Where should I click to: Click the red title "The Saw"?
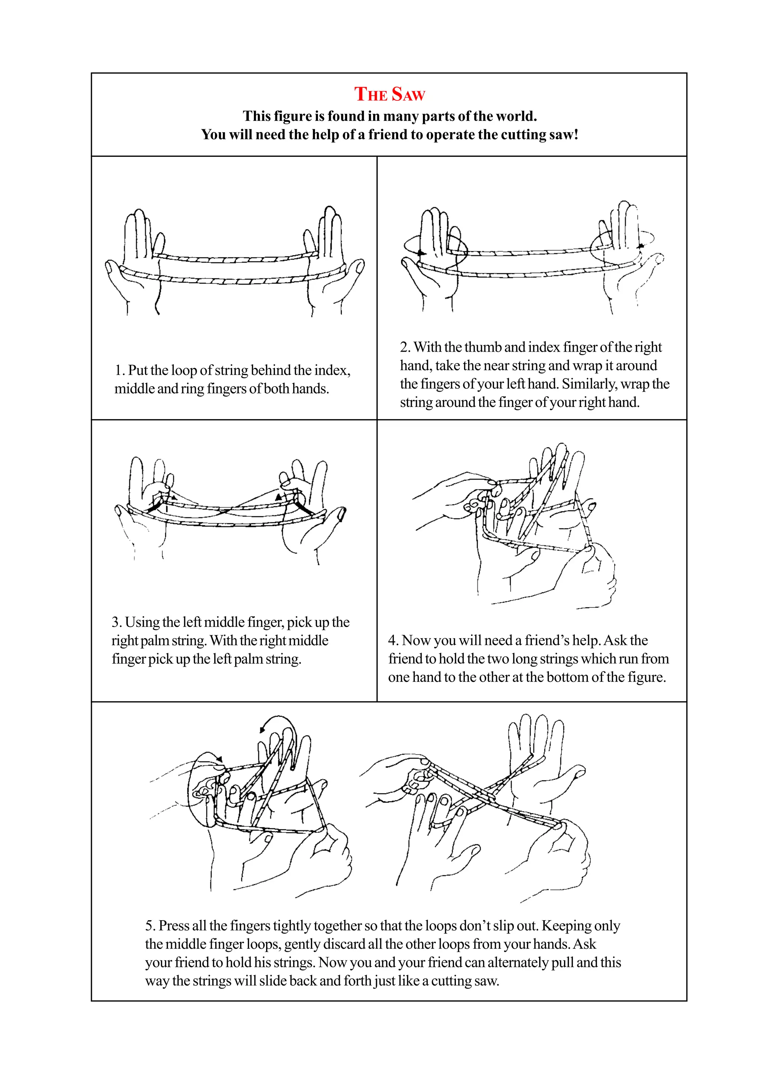click(x=389, y=95)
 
